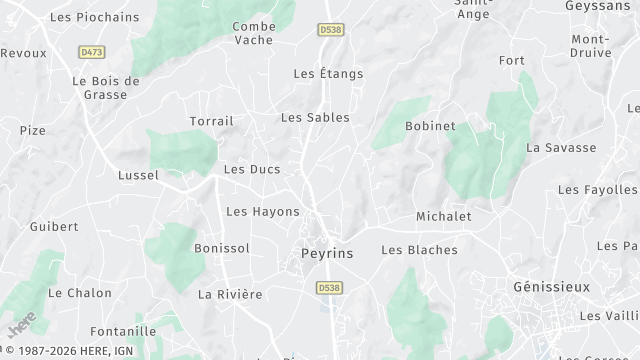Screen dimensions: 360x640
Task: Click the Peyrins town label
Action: pos(327,254)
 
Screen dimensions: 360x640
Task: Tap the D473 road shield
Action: pos(92,51)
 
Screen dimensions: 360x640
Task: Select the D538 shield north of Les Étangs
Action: pos(331,31)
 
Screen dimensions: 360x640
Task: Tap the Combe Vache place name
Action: pos(254,33)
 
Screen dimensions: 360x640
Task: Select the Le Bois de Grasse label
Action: pos(106,87)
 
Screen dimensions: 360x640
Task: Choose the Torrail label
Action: pos(211,121)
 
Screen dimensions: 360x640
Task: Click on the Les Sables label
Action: pos(315,117)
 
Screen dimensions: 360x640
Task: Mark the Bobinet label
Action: pos(430,126)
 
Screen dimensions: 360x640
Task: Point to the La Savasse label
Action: pos(561,147)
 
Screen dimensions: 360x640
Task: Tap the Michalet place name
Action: pos(443,216)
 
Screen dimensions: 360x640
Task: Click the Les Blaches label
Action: pos(419,250)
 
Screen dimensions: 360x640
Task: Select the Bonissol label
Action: pos(221,248)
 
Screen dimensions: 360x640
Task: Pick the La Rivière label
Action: pos(230,294)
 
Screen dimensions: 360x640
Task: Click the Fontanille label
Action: pos(122,331)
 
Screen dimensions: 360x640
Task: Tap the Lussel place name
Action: pos(138,175)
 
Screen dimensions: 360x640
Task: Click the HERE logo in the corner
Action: pos(21,326)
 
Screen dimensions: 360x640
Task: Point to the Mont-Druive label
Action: pos(590,46)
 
